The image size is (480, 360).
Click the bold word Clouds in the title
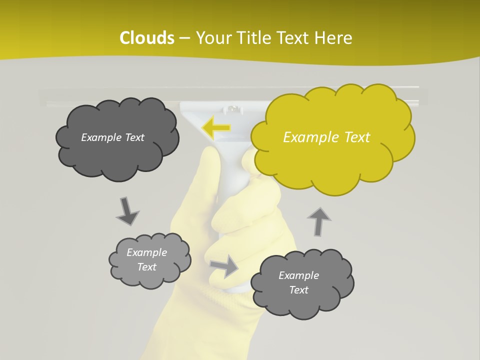[147, 38]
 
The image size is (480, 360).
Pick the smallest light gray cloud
[149, 260]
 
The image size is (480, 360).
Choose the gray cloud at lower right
[301, 283]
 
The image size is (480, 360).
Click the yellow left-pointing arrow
[216, 128]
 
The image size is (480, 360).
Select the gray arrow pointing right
[224, 266]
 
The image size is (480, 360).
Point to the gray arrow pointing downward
[127, 211]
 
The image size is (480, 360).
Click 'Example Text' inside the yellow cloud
[326, 137]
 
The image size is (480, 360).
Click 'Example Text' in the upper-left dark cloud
[112, 137]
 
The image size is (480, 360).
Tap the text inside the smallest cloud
[146, 259]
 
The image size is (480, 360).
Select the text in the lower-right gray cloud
[298, 282]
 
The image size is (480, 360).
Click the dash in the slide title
[184, 38]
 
